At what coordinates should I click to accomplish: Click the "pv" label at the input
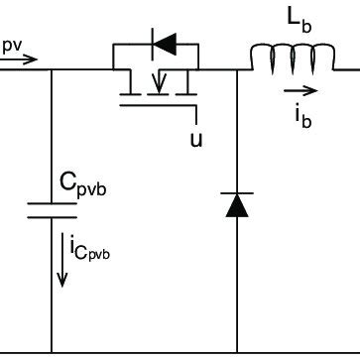coord(11,46)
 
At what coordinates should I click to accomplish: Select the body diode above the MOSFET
coord(159,44)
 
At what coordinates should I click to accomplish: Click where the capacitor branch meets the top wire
coord(52,70)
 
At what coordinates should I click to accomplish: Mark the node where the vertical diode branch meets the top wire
coord(236,70)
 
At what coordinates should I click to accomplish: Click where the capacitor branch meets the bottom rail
coord(52,350)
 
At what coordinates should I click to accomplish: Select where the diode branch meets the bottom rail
coord(236,350)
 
